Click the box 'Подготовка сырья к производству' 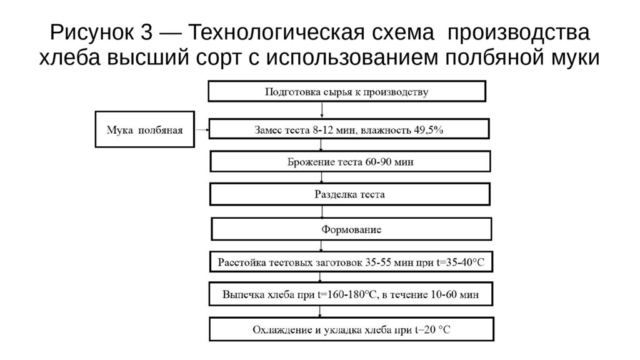[347, 92]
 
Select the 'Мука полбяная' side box [144, 130]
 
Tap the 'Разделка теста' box [349, 194]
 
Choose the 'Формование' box [351, 229]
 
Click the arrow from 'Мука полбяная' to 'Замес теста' [200, 130]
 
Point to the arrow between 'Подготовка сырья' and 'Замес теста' [322, 109]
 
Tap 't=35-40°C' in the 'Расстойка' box [459, 262]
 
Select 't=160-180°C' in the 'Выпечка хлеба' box [346, 294]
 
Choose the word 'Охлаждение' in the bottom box [279, 329]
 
